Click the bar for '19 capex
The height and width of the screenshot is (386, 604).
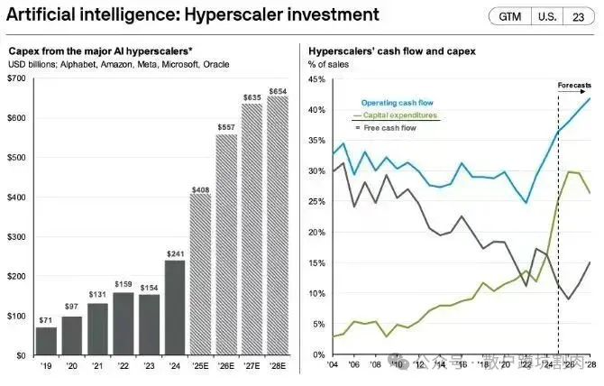click(45, 341)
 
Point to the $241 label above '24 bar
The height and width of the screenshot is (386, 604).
click(175, 253)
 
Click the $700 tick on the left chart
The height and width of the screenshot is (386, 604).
click(17, 79)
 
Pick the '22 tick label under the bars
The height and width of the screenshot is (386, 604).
click(124, 365)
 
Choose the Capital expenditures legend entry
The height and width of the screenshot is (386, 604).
click(402, 116)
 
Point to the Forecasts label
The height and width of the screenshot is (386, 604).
click(574, 85)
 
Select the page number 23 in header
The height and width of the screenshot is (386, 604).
click(576, 16)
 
